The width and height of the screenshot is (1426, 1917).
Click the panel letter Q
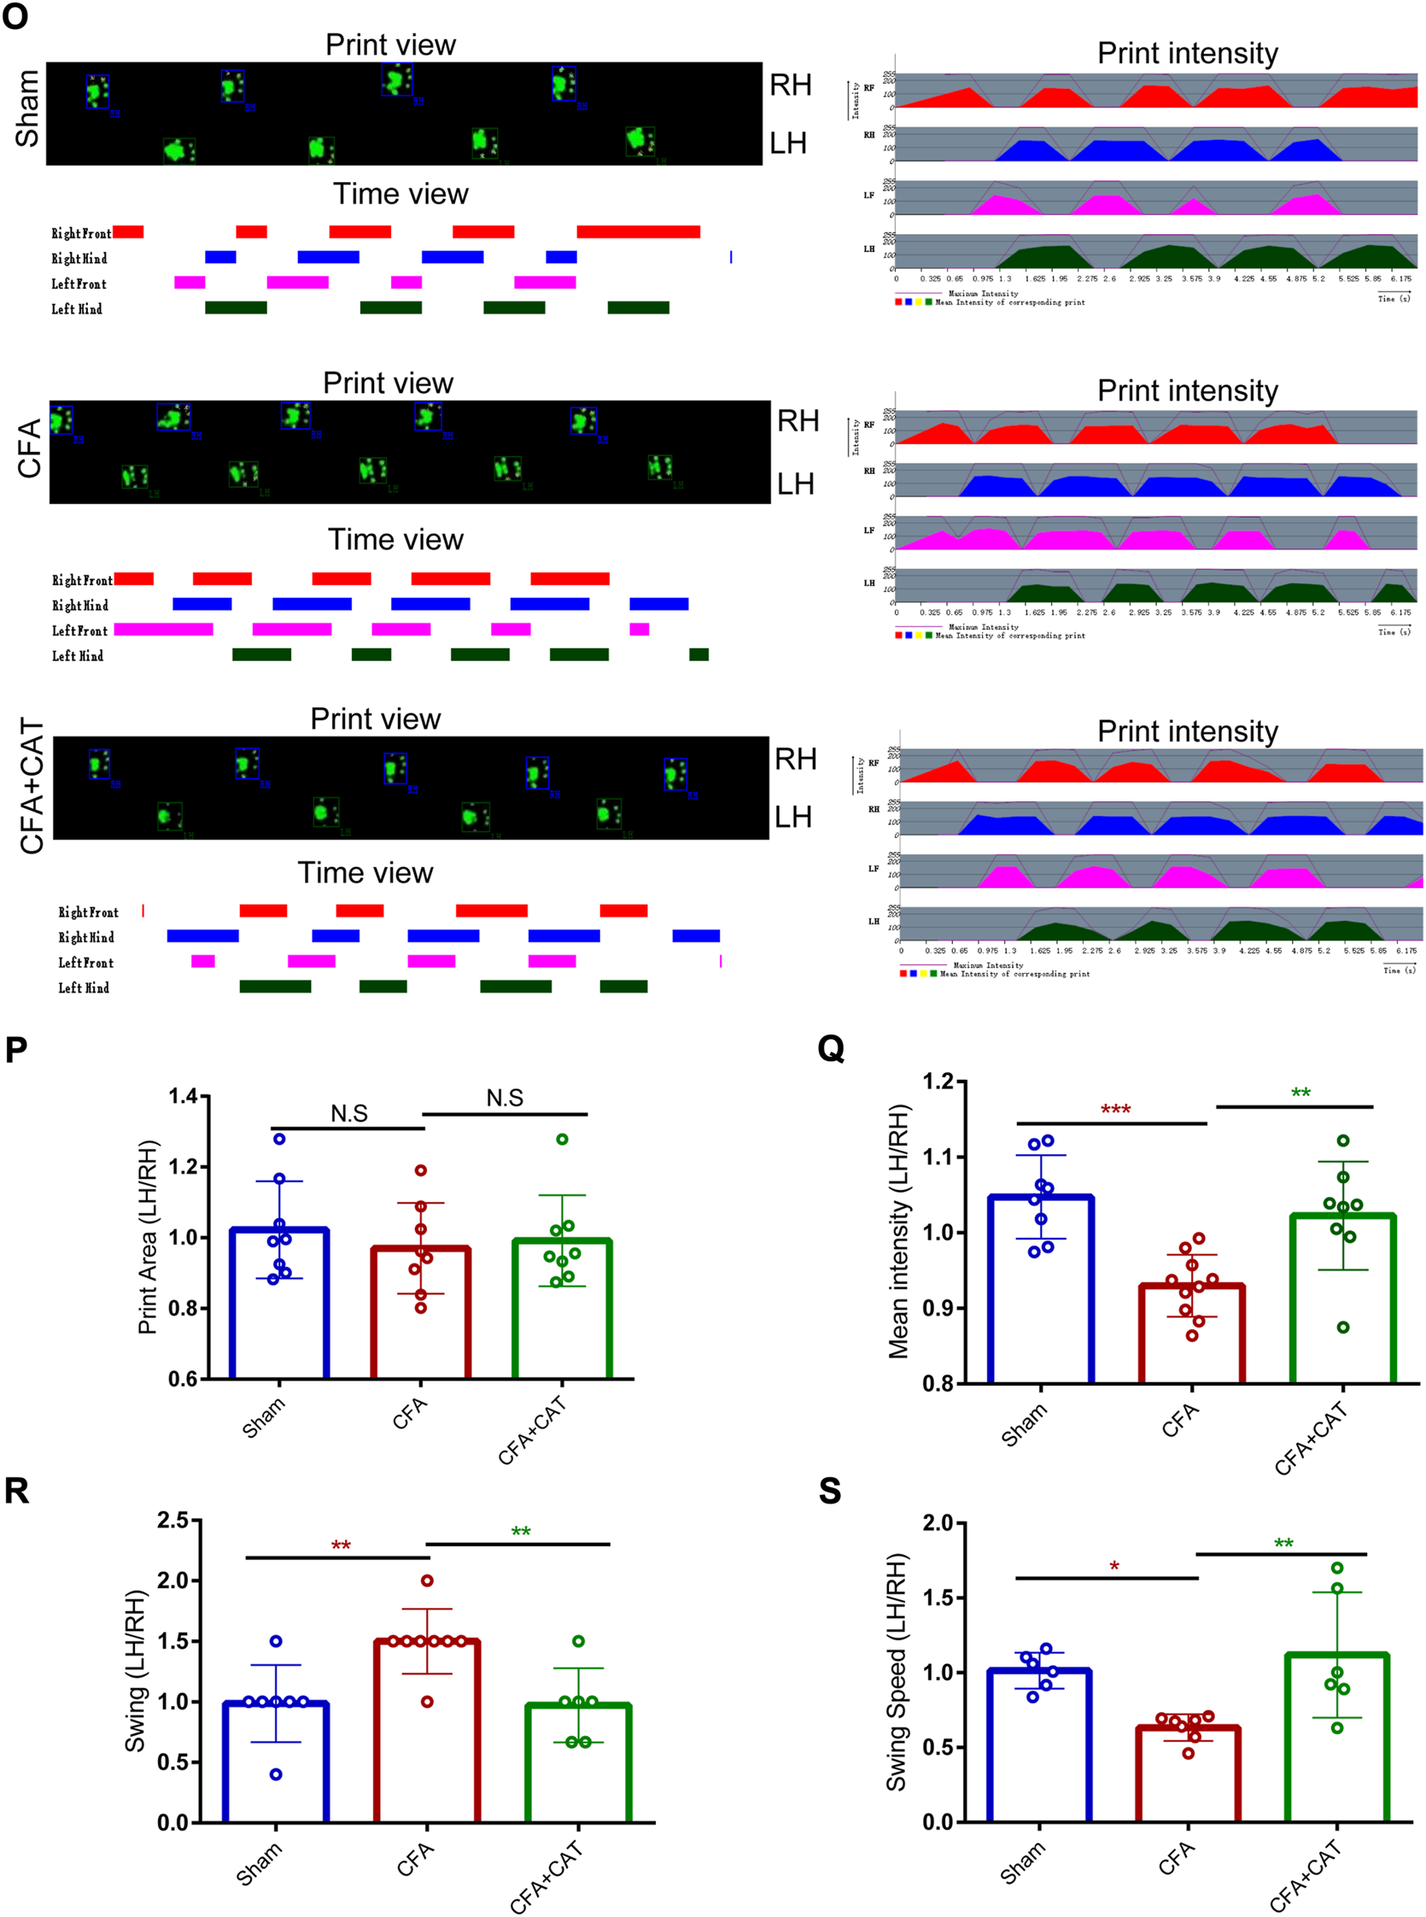click(830, 1048)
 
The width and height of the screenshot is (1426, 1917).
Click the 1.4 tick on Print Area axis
click(184, 1097)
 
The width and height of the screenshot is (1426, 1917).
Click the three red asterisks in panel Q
click(1115, 1110)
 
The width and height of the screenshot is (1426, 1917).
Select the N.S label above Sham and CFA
click(348, 1113)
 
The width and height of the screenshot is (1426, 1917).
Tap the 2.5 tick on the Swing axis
click(172, 1520)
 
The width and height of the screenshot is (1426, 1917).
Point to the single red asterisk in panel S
click(1114, 1567)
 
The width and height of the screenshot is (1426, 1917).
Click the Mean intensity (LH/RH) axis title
click(899, 1231)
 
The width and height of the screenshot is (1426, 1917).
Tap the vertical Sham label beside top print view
click(26, 108)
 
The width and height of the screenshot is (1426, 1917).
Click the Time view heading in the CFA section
click(395, 540)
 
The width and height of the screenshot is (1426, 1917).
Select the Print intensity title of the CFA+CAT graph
click(1187, 731)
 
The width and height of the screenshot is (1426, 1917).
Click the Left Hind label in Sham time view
click(77, 308)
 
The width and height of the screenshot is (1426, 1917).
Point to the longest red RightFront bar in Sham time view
click(638, 232)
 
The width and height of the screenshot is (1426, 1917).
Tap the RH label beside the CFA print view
click(798, 420)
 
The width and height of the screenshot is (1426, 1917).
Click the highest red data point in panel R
click(426, 1580)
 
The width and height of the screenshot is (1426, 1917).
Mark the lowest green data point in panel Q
click(1343, 1328)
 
